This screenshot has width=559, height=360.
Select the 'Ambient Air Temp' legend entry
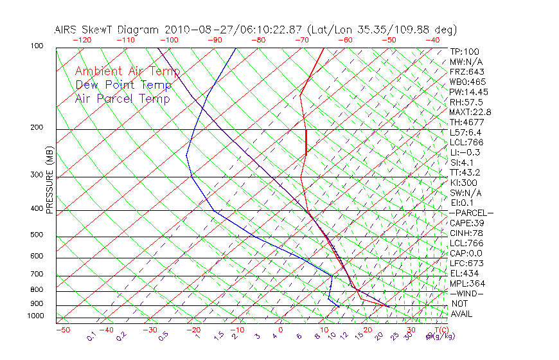pyautogui.click(x=127, y=71)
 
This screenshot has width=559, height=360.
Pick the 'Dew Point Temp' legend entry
pyautogui.click(x=123, y=85)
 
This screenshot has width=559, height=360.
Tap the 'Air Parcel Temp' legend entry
pyautogui.click(x=122, y=98)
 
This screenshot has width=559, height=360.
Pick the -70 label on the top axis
pyautogui.click(x=301, y=40)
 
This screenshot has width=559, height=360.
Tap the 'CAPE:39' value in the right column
pyautogui.click(x=466, y=222)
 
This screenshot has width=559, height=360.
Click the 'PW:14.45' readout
pyautogui.click(x=468, y=92)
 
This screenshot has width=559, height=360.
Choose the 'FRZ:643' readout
pyautogui.click(x=466, y=71)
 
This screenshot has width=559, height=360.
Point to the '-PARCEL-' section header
pyautogui.click(x=471, y=213)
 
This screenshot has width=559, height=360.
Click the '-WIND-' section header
pyautogui.click(x=467, y=293)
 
